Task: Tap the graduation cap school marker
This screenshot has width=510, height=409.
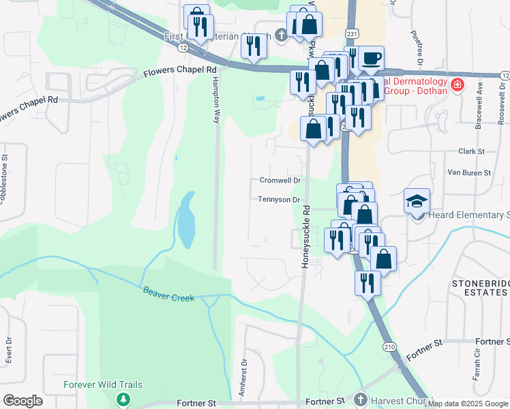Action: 417,201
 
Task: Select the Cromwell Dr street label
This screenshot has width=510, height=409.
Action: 280,181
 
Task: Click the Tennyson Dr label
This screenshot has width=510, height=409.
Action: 280,200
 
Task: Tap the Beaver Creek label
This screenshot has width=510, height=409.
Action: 169,294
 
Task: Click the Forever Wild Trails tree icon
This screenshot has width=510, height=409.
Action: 123,399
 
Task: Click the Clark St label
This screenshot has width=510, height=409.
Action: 471,151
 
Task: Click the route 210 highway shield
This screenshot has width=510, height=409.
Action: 388,346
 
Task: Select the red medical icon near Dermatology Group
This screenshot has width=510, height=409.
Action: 457,86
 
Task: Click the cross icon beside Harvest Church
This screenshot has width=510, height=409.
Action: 361,399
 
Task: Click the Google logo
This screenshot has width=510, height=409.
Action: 22,401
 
